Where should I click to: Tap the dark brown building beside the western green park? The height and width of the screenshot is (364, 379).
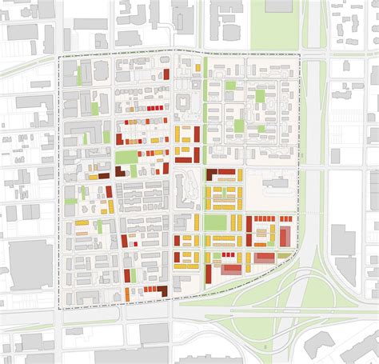(x=121, y=171)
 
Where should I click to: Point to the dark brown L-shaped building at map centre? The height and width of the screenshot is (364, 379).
(x=217, y=174)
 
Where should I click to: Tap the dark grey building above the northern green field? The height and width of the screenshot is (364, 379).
(x=278, y=6)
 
